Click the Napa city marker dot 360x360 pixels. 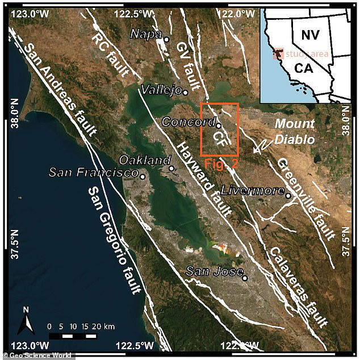click(166, 39)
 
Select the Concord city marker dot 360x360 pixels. click(218, 125)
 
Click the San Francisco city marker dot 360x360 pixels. click(143, 177)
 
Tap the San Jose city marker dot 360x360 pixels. click(245, 278)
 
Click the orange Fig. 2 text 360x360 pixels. click(219, 163)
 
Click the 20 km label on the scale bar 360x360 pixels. click(103, 326)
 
